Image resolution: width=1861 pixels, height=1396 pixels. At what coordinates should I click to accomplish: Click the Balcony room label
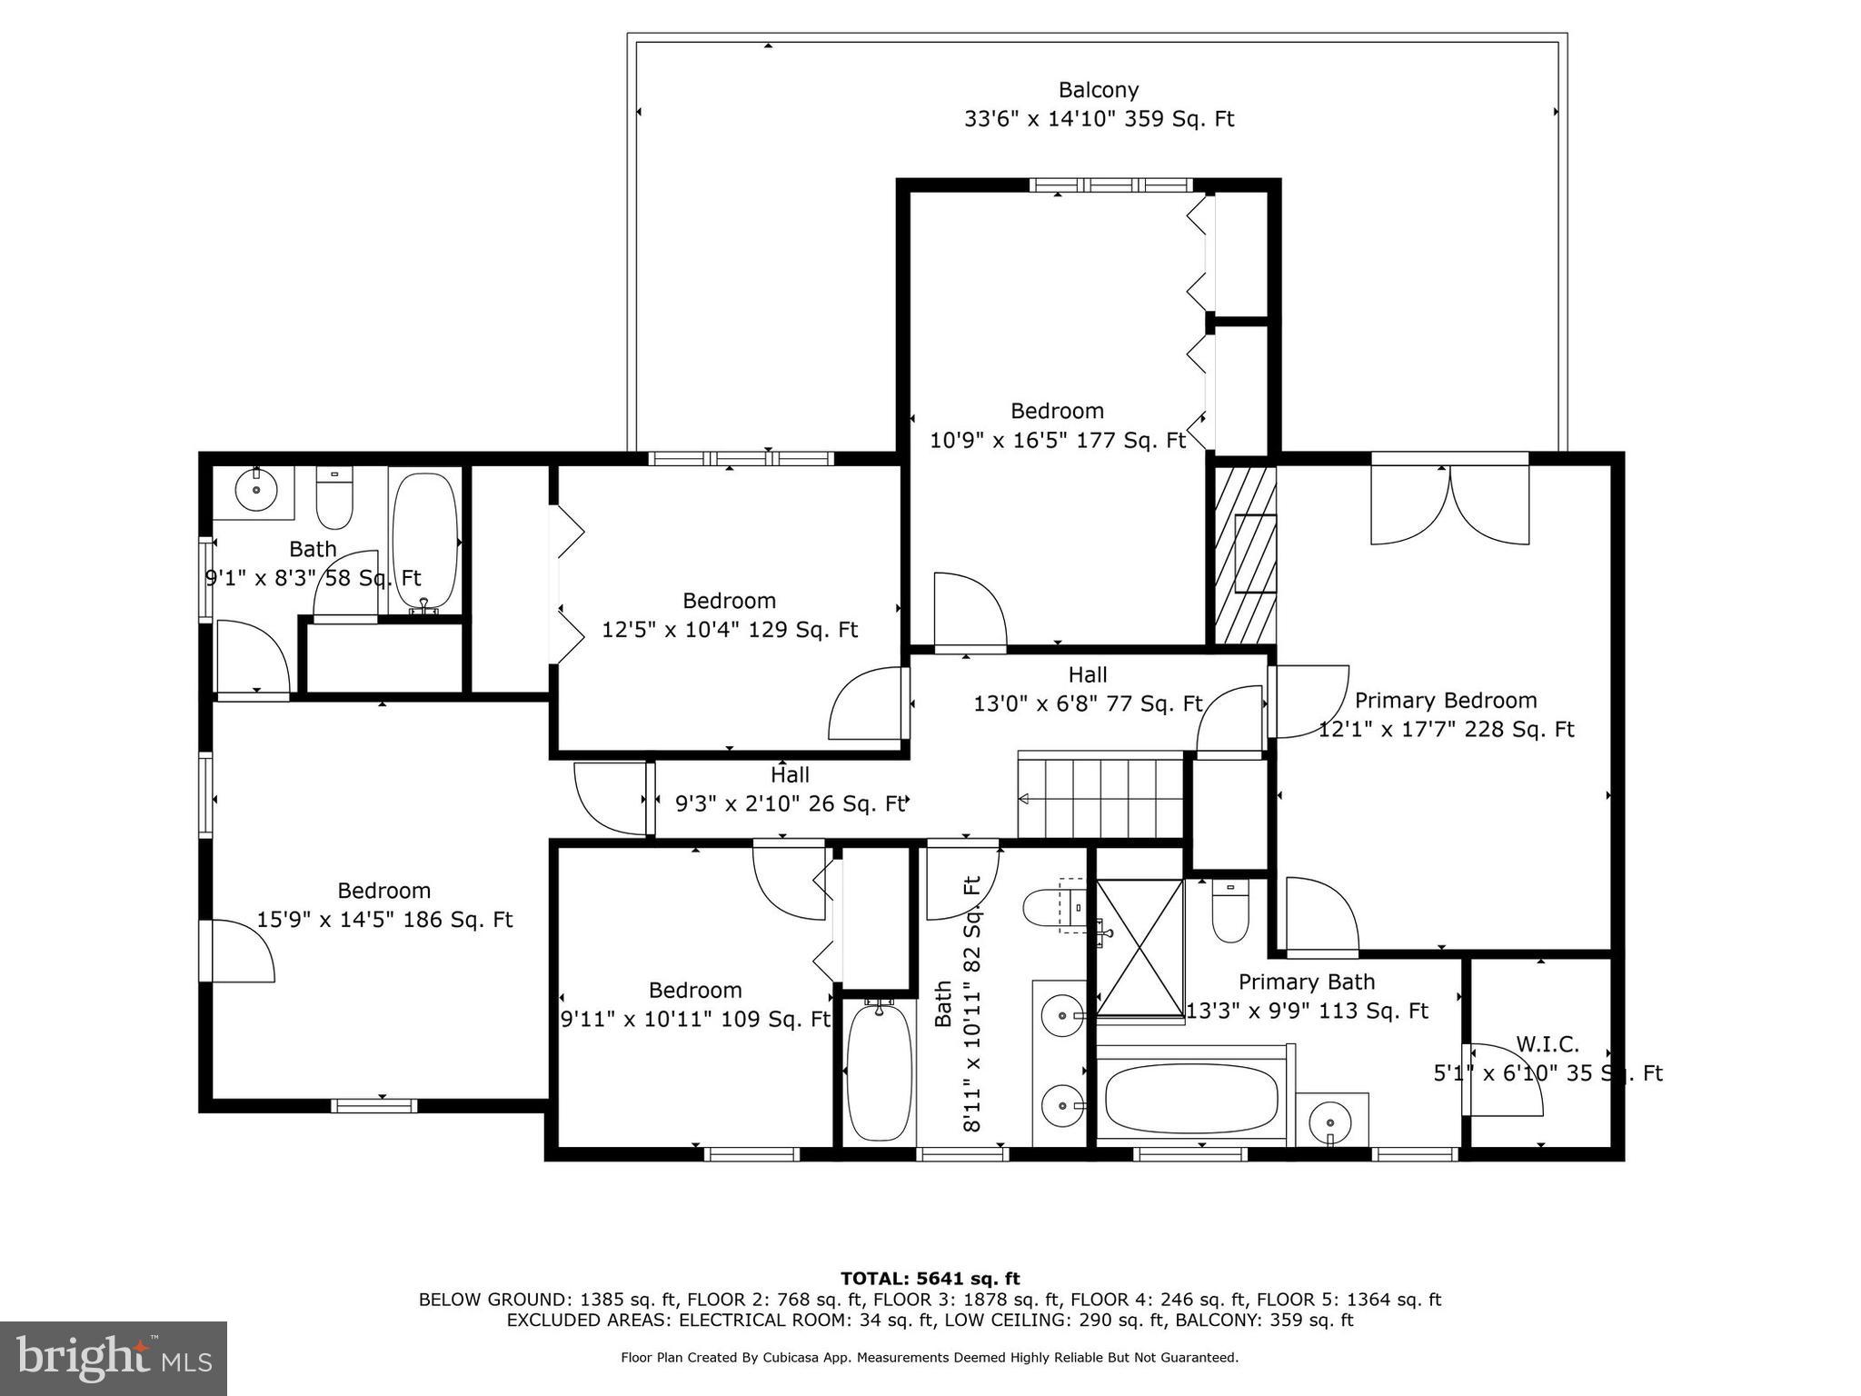tap(1098, 91)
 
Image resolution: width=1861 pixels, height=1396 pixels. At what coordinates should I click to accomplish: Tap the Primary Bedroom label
tap(1445, 701)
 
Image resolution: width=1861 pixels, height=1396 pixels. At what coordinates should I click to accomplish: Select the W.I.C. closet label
tap(1547, 1044)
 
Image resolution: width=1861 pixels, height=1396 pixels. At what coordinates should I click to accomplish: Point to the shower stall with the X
tap(1139, 947)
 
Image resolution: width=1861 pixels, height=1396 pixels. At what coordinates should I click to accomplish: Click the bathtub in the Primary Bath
tap(1191, 1099)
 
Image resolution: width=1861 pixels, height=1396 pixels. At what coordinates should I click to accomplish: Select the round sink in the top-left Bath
tap(256, 491)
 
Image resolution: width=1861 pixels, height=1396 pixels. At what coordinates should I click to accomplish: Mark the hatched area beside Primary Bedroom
tap(1245, 554)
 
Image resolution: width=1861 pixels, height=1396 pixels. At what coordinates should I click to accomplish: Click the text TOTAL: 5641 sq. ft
tap(930, 1279)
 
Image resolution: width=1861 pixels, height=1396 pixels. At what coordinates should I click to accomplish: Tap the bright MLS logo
tap(114, 1358)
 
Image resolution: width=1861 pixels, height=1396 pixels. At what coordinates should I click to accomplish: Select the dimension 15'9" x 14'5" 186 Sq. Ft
tap(384, 920)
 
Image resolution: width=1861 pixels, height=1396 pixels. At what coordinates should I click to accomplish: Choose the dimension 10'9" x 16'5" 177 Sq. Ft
tap(1057, 441)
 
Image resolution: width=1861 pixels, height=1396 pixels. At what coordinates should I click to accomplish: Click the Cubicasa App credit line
tap(929, 1358)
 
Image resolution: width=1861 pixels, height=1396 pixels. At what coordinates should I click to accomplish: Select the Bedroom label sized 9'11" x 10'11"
tap(694, 991)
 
